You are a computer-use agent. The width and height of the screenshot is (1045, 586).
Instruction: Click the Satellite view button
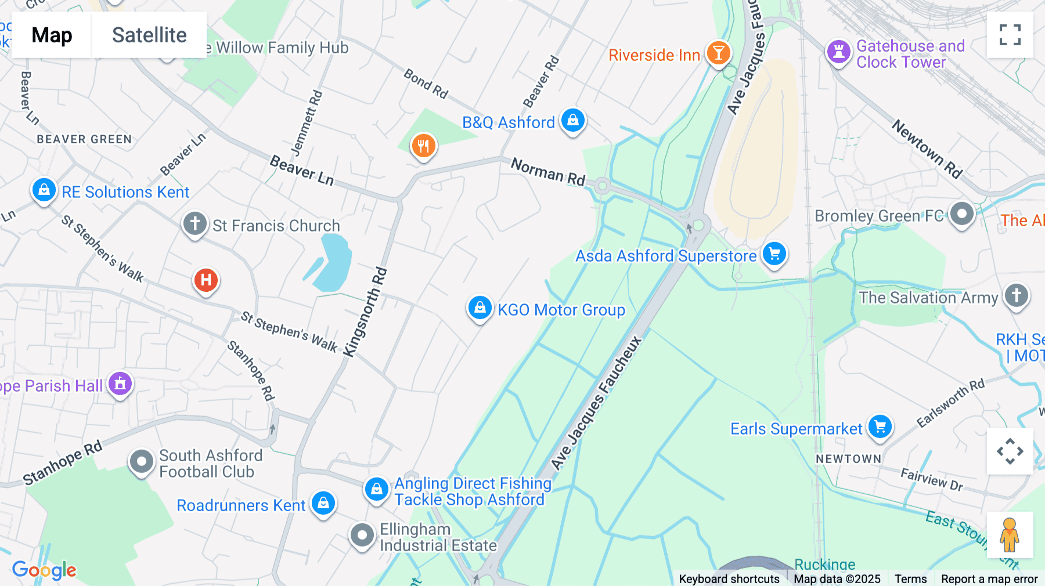pyautogui.click(x=149, y=35)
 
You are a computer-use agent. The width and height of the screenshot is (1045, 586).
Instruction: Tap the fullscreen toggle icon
pyautogui.click(x=1010, y=35)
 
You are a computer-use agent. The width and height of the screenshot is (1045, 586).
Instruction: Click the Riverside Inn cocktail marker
pyautogui.click(x=718, y=53)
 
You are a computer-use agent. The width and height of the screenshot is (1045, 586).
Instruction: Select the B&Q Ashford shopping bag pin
pyautogui.click(x=573, y=121)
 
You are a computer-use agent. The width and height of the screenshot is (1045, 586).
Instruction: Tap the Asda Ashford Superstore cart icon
pyautogui.click(x=774, y=254)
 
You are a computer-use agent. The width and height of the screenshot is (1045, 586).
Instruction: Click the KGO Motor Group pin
pyautogui.click(x=480, y=308)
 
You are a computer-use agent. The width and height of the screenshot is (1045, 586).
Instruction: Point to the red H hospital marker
pyautogui.click(x=206, y=280)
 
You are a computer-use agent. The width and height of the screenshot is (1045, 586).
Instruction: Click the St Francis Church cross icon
pyautogui.click(x=195, y=223)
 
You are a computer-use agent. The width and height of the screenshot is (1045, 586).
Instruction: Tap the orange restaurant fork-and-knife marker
pyautogui.click(x=424, y=146)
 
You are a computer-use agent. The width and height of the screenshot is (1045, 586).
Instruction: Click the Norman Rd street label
pyautogui.click(x=548, y=172)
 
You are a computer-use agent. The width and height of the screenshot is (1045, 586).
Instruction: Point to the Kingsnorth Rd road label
pyautogui.click(x=365, y=312)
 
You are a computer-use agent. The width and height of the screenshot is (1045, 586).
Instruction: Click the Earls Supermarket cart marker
pyautogui.click(x=880, y=427)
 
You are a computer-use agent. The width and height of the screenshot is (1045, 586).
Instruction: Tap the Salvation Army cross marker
pyautogui.click(x=1016, y=296)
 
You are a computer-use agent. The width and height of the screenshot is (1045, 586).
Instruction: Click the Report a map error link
pyautogui.click(x=989, y=579)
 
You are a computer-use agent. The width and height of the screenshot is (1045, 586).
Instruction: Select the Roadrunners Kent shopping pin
pyautogui.click(x=323, y=503)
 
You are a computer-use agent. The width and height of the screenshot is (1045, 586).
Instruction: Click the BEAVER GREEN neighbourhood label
pyautogui.click(x=84, y=139)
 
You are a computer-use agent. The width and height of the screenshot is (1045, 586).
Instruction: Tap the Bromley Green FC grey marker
pyautogui.click(x=961, y=214)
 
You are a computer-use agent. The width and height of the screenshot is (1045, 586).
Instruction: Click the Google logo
pyautogui.click(x=44, y=570)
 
